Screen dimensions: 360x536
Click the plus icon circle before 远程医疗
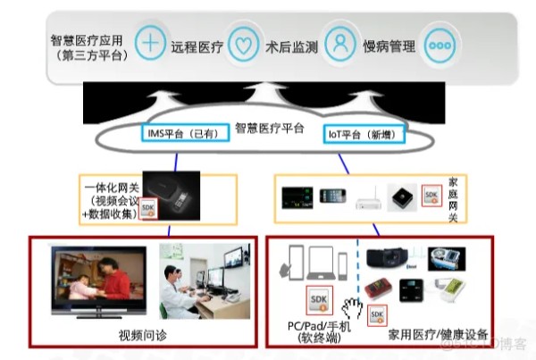click(x=154, y=43)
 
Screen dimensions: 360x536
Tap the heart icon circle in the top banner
click(x=242, y=43)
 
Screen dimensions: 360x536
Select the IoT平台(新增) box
click(x=363, y=134)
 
